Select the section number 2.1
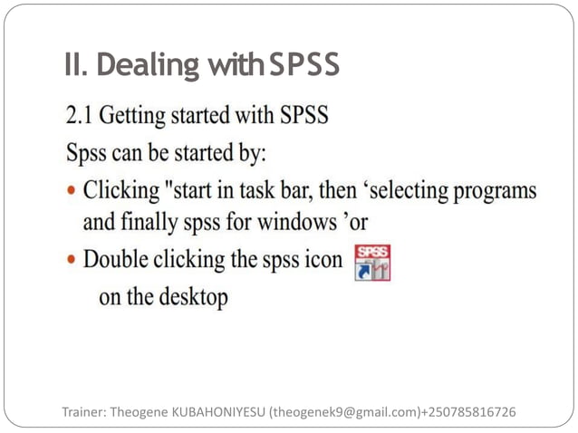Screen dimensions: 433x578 [x=79, y=116]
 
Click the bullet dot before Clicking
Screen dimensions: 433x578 [x=71, y=192]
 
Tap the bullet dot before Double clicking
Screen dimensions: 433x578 [x=71, y=260]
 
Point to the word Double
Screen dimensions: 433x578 [x=115, y=259]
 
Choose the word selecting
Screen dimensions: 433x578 [x=397, y=192]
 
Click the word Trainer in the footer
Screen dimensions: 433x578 [x=83, y=412]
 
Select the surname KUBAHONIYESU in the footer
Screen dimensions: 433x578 [x=214, y=412]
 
